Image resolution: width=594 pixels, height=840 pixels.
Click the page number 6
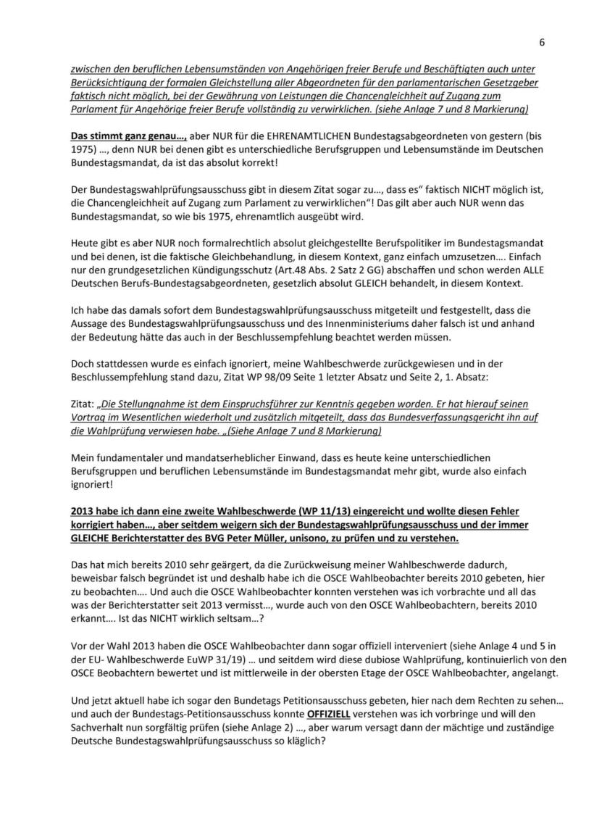click(542, 43)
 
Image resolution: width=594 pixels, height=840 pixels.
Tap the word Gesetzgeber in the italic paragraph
click(510, 83)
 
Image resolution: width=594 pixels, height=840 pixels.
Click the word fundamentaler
click(124, 457)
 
